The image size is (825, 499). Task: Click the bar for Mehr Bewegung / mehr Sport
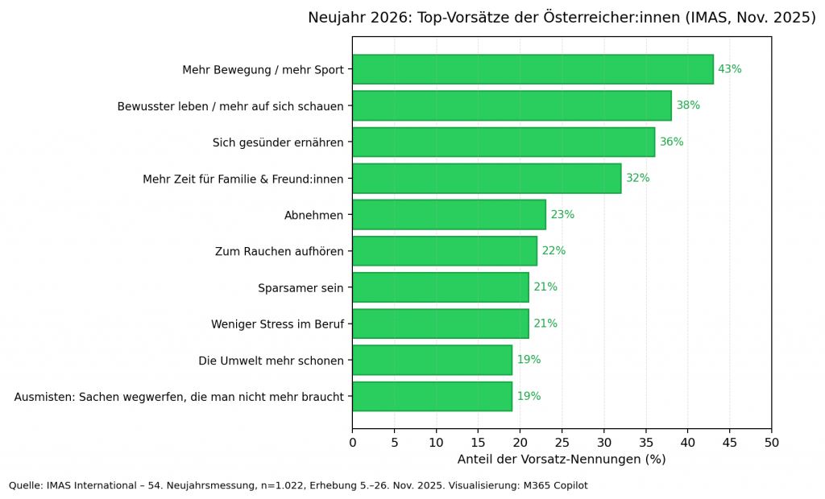click(533, 69)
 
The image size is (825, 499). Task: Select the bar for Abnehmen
click(449, 215)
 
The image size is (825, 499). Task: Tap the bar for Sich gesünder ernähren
click(504, 142)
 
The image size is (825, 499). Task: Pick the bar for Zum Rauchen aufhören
click(445, 251)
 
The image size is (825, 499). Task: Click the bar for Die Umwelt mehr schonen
click(432, 361)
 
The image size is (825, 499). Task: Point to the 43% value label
click(729, 69)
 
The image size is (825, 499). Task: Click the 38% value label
click(688, 105)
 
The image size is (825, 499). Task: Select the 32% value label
click(637, 179)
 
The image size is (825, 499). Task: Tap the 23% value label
click(562, 215)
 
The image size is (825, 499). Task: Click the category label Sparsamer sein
click(301, 288)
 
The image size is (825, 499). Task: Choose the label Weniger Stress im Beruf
click(277, 324)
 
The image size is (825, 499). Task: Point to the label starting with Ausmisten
click(179, 397)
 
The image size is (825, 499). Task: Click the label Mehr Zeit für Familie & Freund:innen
click(243, 179)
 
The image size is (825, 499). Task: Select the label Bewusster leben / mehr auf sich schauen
click(230, 106)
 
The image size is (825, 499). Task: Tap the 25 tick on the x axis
click(562, 442)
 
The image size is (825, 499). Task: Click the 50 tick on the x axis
click(771, 442)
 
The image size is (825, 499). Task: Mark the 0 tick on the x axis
click(353, 442)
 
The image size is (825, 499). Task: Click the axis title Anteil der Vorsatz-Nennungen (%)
click(562, 460)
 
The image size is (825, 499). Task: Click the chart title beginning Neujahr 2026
click(562, 18)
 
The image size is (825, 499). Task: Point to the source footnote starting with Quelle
click(298, 485)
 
